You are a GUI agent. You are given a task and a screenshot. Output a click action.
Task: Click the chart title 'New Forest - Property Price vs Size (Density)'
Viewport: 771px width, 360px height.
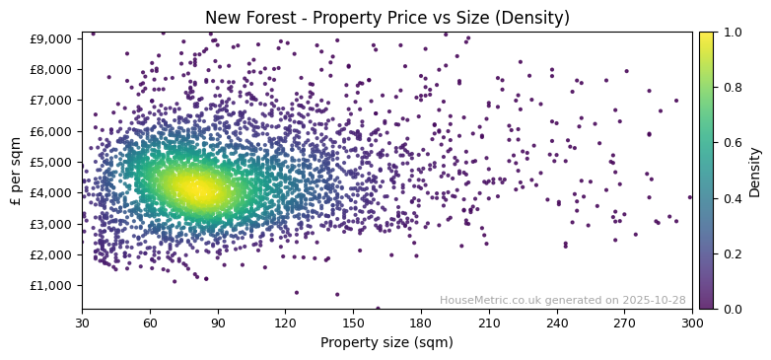click(386, 18)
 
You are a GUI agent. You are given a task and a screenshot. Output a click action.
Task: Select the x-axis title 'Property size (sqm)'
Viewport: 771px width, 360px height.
click(386, 342)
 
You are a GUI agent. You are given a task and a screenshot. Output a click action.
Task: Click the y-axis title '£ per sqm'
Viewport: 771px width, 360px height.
click(16, 171)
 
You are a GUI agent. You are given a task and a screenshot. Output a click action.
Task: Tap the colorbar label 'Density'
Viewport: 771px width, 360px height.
click(754, 171)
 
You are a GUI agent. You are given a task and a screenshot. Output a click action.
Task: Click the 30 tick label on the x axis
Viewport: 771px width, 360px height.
click(82, 323)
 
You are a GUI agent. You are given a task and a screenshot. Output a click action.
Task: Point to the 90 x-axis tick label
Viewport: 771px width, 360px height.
click(218, 323)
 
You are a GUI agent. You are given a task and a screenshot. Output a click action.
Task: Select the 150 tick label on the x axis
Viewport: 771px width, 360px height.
click(353, 323)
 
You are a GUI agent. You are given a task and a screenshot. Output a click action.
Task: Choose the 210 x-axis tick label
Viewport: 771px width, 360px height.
click(489, 323)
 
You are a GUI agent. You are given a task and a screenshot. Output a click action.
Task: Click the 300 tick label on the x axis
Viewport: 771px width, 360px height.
click(692, 323)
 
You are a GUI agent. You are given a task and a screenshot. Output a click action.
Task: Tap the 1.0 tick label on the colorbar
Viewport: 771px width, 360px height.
click(732, 33)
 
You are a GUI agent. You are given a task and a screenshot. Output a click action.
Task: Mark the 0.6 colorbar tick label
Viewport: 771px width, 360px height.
click(732, 143)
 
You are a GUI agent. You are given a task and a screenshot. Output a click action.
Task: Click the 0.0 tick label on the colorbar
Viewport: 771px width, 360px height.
click(732, 309)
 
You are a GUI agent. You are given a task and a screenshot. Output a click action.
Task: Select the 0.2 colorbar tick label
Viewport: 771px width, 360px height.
click(732, 253)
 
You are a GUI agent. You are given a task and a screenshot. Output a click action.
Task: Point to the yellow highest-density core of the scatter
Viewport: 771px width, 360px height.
click(192, 188)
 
